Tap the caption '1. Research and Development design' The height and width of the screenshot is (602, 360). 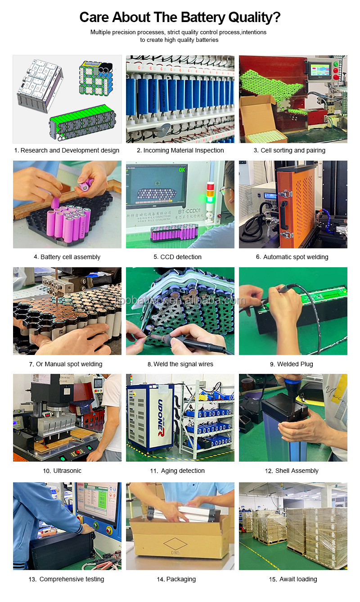coord(67,150)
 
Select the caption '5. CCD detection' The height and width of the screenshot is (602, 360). coord(180,257)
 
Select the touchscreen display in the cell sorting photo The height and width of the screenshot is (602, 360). coord(321,71)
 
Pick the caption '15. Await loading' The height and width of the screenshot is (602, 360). coord(293,579)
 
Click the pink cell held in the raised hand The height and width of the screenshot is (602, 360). coord(87,184)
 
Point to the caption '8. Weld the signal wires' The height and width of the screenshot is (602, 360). coord(180,364)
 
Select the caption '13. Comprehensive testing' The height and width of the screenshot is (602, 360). coord(66,579)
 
